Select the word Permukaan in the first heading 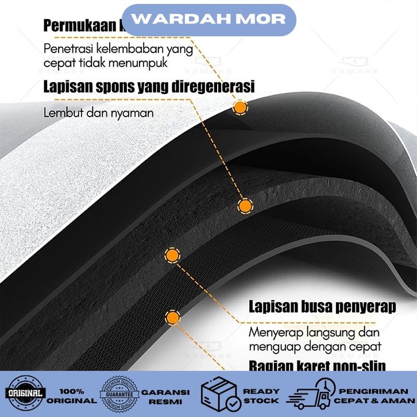click(80, 26)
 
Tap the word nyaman click(133, 113)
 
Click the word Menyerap click(275, 332)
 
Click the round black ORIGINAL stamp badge click(25, 394)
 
